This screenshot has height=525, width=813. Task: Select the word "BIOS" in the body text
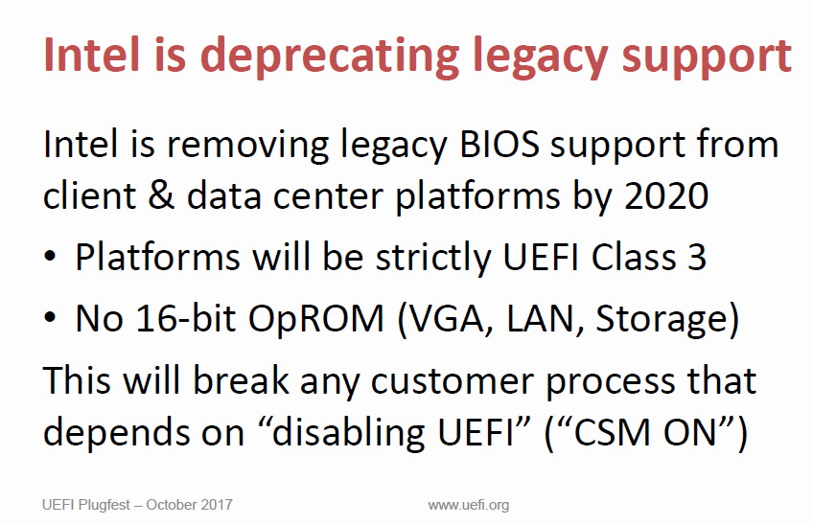click(x=499, y=144)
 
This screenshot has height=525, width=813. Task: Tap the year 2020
click(x=666, y=195)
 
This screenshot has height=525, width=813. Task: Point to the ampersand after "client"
click(x=161, y=195)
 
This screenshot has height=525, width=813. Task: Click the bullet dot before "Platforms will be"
click(x=50, y=257)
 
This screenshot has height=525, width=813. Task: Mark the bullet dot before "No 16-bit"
click(x=50, y=318)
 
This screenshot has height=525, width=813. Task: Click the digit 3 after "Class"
click(x=697, y=257)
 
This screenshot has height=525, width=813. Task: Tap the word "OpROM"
click(x=316, y=318)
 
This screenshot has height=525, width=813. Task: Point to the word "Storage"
click(x=662, y=319)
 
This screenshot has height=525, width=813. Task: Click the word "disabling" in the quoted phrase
click(x=348, y=431)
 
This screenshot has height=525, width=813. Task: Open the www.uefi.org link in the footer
click(x=469, y=505)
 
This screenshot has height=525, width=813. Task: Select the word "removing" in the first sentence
click(x=247, y=145)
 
